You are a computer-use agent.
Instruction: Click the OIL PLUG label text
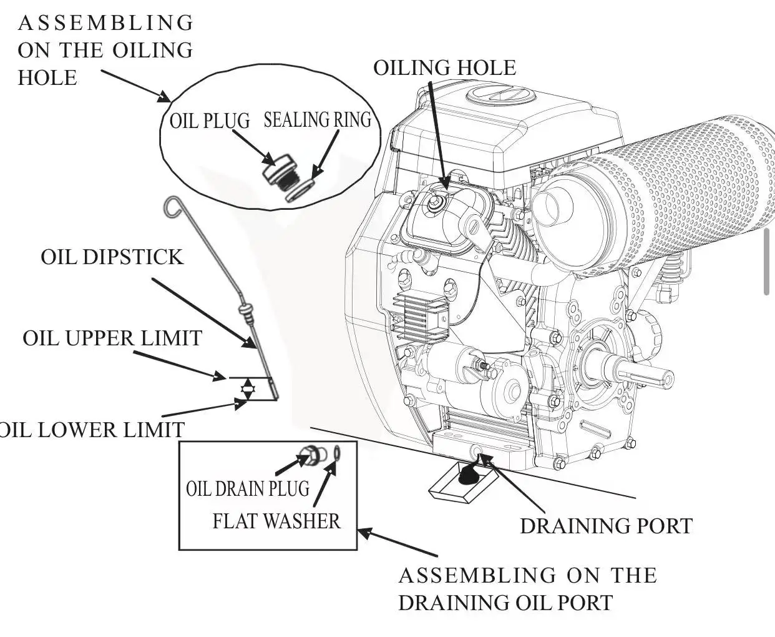[210, 121]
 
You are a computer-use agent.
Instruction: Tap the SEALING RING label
[318, 120]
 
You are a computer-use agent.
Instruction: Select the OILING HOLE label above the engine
[445, 67]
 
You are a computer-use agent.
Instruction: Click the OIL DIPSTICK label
[112, 257]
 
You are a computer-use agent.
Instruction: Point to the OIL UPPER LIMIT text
[112, 338]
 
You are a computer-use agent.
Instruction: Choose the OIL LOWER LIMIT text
[92, 430]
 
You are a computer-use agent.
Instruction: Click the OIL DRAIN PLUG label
[248, 489]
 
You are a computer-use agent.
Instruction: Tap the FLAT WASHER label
[276, 521]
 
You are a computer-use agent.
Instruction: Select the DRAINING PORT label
[607, 526]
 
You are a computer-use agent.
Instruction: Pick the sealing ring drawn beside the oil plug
[300, 190]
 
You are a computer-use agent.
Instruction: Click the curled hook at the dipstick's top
[172, 207]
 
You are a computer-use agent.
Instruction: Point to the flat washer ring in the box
[336, 453]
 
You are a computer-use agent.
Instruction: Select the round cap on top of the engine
[501, 96]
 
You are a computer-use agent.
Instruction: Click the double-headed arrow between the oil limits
[247, 388]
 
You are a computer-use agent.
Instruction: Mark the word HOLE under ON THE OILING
[47, 77]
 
